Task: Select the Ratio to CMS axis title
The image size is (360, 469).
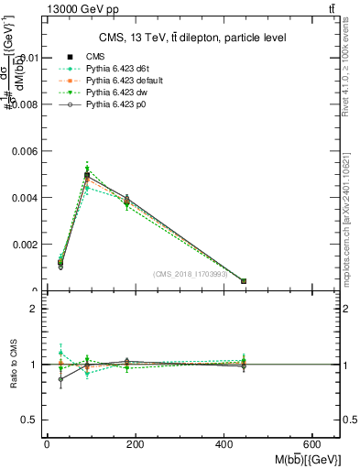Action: (x=13, y=365)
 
